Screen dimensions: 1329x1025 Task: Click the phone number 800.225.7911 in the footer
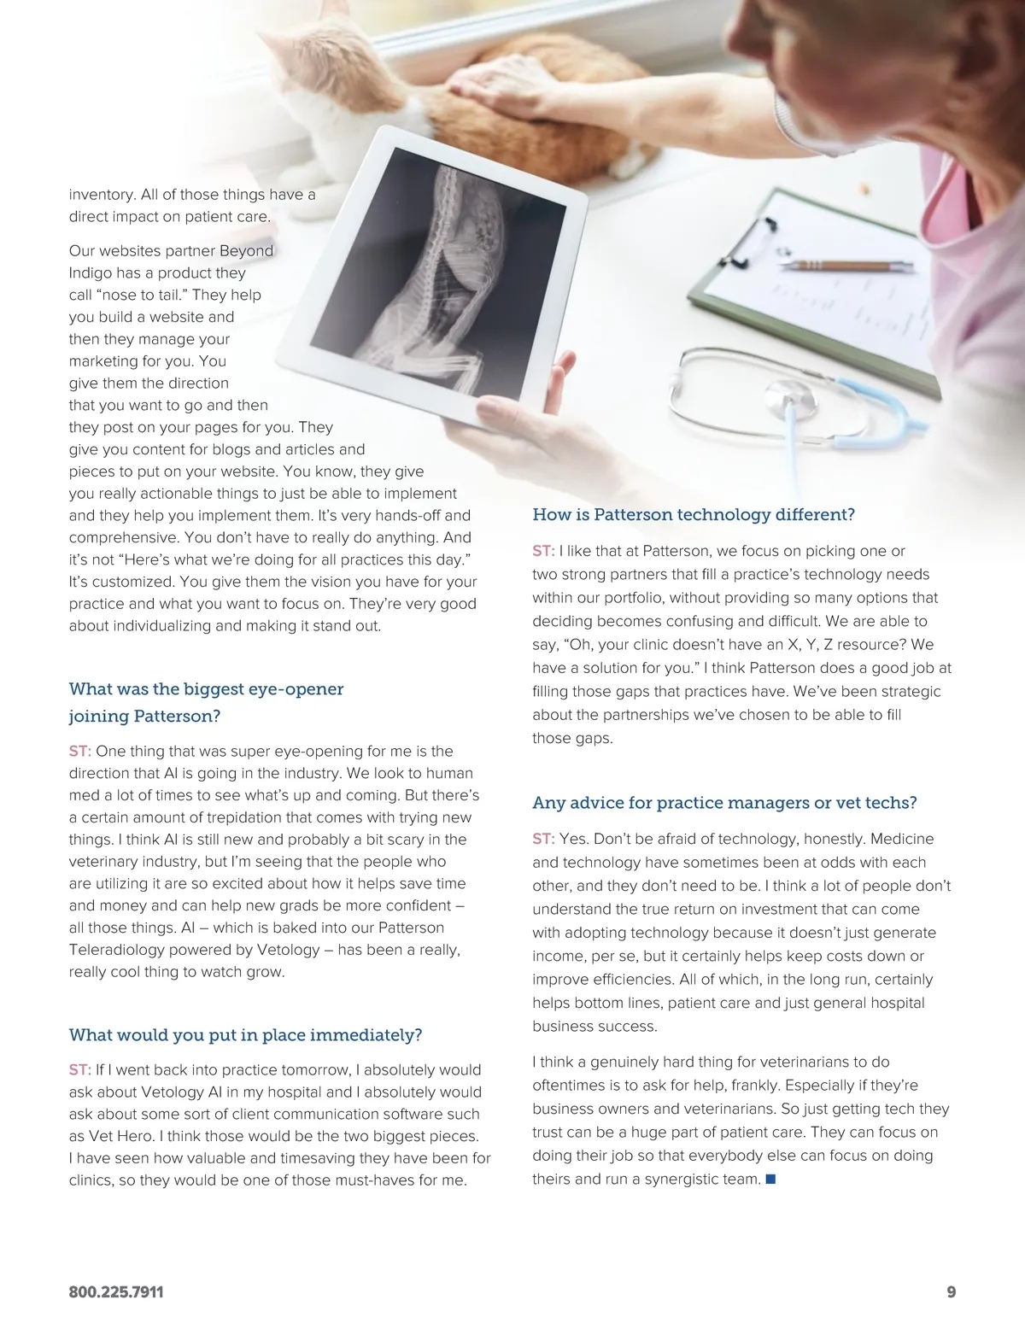116,1292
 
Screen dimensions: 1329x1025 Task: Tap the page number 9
951,1292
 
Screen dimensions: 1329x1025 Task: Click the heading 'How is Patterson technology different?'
693,514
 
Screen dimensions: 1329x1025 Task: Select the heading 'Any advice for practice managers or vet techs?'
724,802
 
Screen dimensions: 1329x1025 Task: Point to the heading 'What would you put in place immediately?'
245,1034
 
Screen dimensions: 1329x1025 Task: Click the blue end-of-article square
770,1180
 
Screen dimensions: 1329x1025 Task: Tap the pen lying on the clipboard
846,266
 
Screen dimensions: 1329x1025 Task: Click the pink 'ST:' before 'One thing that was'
79,751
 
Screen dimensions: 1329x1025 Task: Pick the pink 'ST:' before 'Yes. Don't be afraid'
543,839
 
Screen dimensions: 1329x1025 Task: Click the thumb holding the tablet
559,376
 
